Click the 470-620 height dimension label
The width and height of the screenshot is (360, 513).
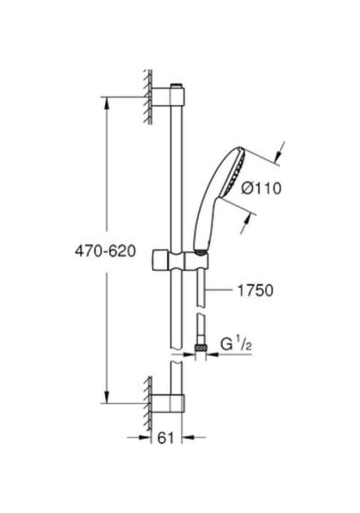coord(105,251)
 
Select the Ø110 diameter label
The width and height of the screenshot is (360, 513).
coord(261,188)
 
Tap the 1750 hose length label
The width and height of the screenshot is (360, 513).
coord(256,290)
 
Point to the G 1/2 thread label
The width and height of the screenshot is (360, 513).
coord(236,345)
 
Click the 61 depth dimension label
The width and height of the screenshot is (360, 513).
coord(166,438)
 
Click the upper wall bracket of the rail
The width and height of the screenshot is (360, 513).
coord(168,97)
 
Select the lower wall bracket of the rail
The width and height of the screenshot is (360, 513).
coord(167,403)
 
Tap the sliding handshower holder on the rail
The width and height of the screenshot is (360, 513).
coord(180,260)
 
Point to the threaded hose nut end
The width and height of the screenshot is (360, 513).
coord(201,347)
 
